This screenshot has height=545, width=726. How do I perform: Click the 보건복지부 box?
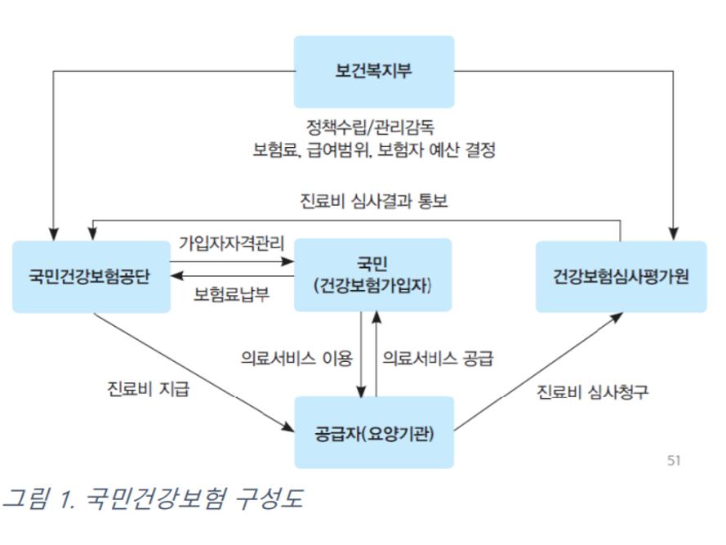373,71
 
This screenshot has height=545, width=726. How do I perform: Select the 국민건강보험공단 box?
91,276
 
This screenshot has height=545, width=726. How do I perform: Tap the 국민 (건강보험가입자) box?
372,275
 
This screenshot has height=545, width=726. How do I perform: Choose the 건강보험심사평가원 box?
621,276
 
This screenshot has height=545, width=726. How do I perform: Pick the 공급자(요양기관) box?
373,432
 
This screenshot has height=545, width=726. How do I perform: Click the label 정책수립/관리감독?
373,128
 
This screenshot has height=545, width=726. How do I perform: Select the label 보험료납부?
231,295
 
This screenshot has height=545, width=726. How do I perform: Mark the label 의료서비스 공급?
439,357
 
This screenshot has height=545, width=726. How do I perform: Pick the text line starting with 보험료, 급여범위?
373,150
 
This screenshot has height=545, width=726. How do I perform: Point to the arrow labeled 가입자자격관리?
232,262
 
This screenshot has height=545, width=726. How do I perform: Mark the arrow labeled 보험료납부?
232,277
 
